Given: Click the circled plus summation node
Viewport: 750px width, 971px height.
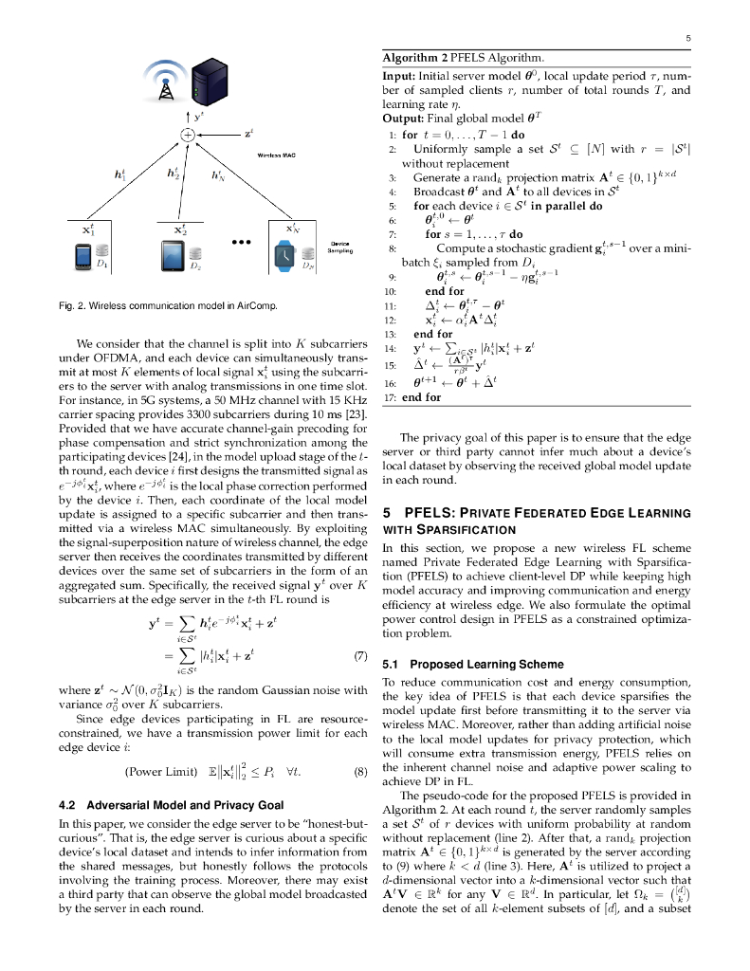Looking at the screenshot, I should pyautogui.click(x=189, y=135).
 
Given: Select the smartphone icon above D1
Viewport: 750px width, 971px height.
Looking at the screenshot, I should pyautogui.click(x=82, y=255).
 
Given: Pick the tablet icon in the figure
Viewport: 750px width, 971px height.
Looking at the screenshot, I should pyautogui.click(x=173, y=255).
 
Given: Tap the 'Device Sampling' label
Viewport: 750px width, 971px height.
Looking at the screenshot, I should pyautogui.click(x=340, y=247).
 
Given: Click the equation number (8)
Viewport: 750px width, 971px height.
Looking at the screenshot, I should pyautogui.click(x=359, y=771).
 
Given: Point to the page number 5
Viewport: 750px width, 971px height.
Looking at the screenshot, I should pyautogui.click(x=686, y=38).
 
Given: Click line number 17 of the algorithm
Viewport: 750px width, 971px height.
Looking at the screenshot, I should pyautogui.click(x=389, y=397).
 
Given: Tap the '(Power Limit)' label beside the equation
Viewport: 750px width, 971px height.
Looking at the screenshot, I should pyautogui.click(x=160, y=771).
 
